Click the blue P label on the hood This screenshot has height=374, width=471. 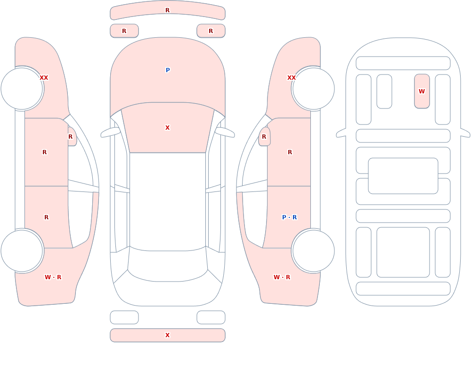coord(168,70)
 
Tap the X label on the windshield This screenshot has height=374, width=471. coord(168,128)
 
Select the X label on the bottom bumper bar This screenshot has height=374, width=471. coord(168,335)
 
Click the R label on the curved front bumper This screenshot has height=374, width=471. coord(168,10)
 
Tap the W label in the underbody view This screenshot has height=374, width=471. coord(422,91)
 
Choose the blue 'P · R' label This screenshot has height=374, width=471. coord(290,217)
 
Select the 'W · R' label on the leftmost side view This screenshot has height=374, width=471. coord(53,277)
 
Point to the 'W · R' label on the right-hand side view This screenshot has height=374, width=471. coord(282,277)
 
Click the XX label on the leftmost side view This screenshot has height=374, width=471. coord(44,78)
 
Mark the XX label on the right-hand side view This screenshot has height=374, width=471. coord(292,78)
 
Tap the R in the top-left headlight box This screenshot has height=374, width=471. coord(124,31)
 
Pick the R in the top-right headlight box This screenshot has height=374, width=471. coord(211,31)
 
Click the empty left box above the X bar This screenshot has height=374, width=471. coord(124,317)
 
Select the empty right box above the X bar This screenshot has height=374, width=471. coord(211,317)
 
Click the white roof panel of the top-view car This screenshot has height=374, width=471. coord(168,201)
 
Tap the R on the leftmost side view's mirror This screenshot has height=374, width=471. coord(70,137)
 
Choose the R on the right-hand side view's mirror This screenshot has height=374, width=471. coord(264,137)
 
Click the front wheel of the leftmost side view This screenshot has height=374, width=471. coord(22,89)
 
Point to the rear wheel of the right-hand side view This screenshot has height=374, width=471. coord(313,250)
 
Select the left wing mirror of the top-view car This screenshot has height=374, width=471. coord(110,132)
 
